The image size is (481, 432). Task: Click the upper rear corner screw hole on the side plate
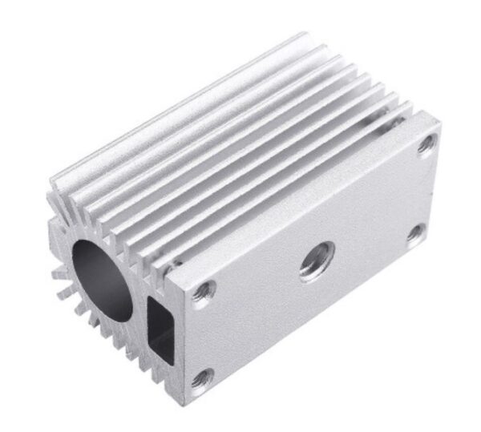click(426, 143)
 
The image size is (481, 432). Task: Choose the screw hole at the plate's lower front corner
click(204, 373)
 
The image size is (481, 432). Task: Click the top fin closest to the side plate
click(313, 168)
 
